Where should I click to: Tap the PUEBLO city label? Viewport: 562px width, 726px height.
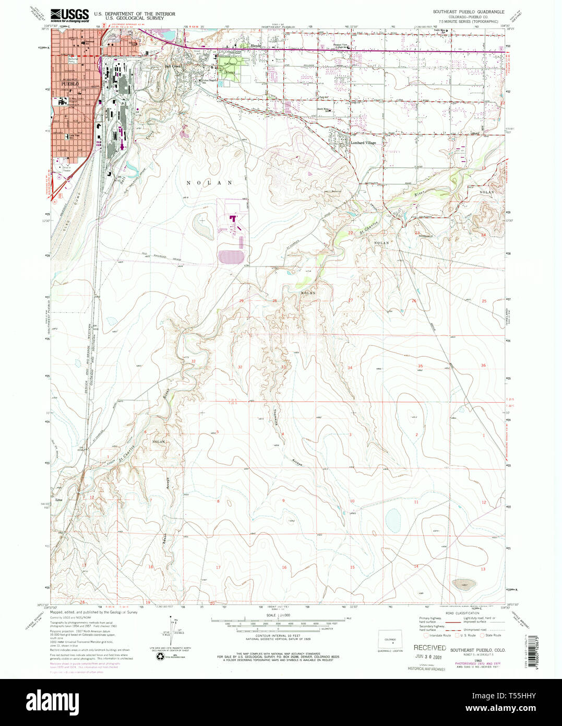(69, 84)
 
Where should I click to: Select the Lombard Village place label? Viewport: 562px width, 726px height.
(363, 143)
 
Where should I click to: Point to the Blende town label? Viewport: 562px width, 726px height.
(256, 46)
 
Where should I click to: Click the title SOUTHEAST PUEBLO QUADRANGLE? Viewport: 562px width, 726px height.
(468, 11)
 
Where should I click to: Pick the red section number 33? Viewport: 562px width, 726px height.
(283, 367)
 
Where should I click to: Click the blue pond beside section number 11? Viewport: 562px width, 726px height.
(392, 519)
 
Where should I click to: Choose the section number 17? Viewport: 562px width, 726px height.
(218, 567)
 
